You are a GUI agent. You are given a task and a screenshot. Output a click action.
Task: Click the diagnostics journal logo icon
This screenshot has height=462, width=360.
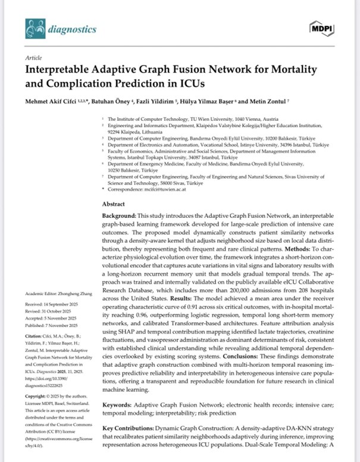(x=35, y=28)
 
